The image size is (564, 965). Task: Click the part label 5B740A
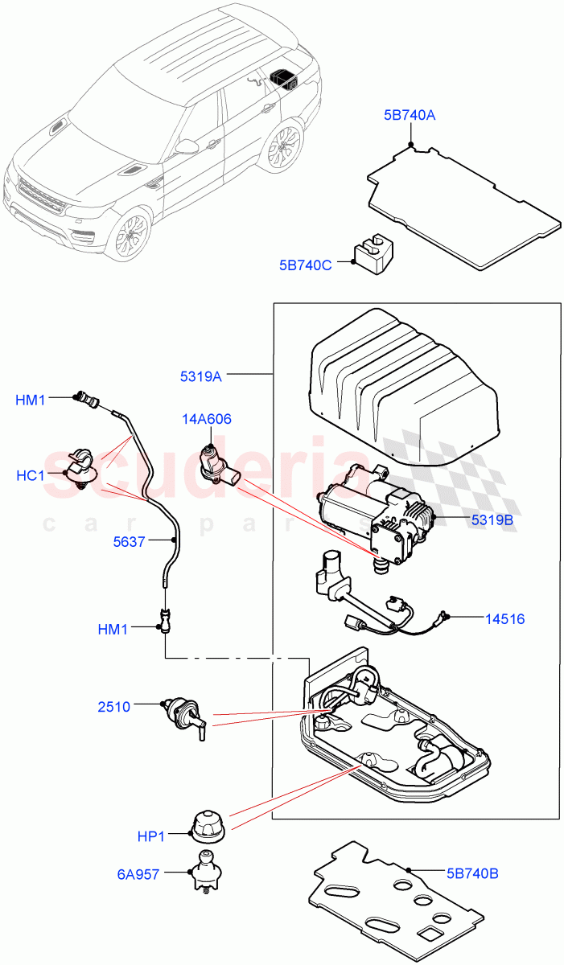410,116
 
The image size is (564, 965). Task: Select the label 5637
129,542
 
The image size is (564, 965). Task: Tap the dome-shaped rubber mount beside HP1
208,823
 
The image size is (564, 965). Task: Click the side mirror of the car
187,147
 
